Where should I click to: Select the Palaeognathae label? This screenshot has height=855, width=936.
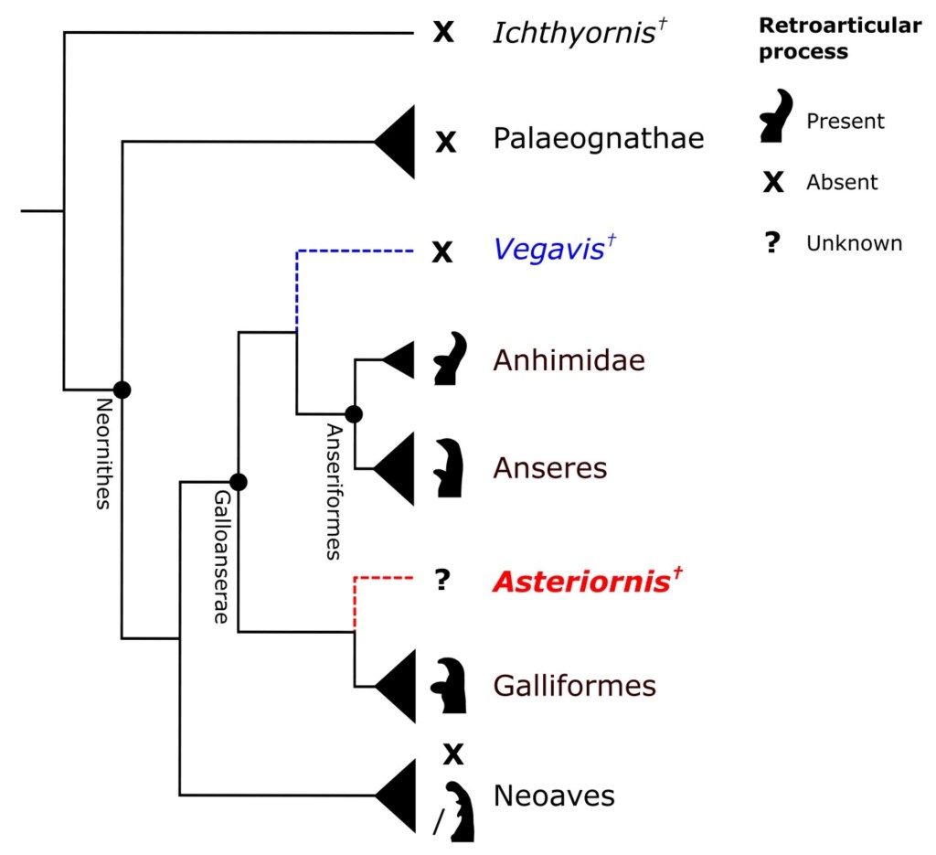(x=598, y=140)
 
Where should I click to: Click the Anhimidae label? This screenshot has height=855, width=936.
(x=569, y=360)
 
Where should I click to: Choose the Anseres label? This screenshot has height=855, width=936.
(x=549, y=468)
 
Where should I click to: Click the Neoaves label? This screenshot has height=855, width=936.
(x=554, y=795)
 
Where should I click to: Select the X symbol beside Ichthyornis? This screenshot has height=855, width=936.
(x=443, y=34)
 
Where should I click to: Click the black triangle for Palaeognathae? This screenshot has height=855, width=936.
(x=400, y=141)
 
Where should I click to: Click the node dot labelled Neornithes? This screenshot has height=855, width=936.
(x=122, y=390)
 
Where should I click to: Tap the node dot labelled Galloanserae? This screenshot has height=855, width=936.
(x=238, y=481)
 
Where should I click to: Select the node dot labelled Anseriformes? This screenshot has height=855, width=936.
(x=354, y=414)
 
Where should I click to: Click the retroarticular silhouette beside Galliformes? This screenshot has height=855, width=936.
(x=450, y=685)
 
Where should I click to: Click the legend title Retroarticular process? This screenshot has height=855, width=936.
(x=839, y=38)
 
